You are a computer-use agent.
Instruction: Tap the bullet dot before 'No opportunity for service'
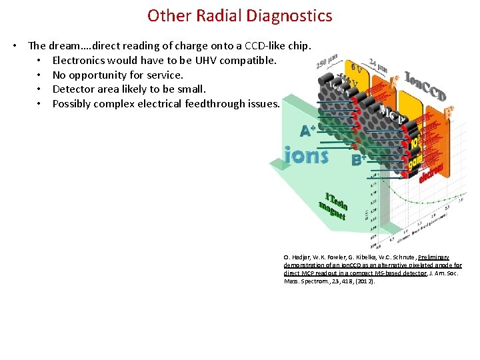tap(41, 75)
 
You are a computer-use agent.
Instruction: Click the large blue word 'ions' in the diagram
tap(306, 155)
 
